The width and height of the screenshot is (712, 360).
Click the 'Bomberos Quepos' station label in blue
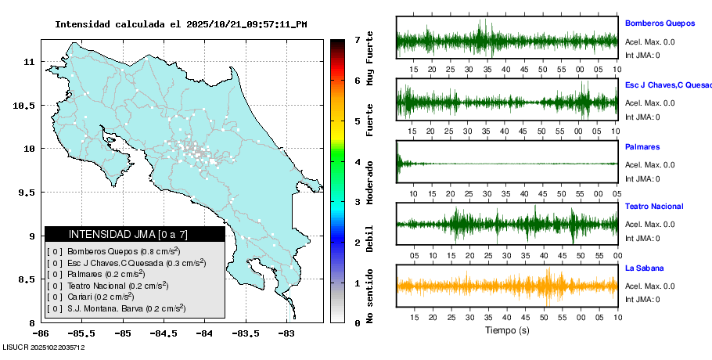pyautogui.click(x=659, y=23)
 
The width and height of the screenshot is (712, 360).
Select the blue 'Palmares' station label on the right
pyautogui.click(x=642, y=146)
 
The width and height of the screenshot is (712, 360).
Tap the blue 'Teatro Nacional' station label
pyautogui.click(x=654, y=207)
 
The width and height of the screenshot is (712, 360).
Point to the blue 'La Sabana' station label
pyautogui.click(x=644, y=268)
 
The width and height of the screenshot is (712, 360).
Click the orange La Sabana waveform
pyautogui.click(x=507, y=286)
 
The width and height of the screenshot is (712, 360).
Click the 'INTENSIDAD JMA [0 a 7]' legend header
pyautogui.click(x=135, y=234)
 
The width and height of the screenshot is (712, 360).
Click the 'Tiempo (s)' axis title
pyautogui.click(x=507, y=330)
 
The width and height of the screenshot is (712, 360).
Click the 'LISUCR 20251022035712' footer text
pyautogui.click(x=44, y=347)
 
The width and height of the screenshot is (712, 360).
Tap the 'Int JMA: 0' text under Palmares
pyautogui.click(x=642, y=178)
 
